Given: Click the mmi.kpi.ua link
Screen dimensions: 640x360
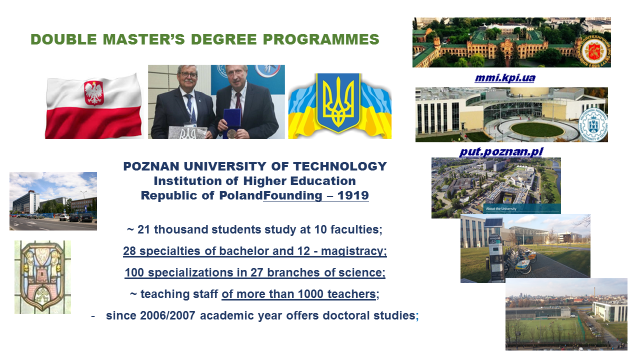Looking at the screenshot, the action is [x=505, y=78].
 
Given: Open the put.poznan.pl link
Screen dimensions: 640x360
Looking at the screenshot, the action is [x=501, y=151].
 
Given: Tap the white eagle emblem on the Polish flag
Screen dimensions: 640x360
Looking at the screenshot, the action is [x=93, y=92].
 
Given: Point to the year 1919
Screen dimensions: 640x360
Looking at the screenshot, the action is [x=353, y=195].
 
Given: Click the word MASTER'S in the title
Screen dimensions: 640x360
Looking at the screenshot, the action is [x=143, y=39].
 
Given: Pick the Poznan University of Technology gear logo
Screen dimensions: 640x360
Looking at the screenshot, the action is [x=593, y=124].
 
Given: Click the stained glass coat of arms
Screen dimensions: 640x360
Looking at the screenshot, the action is [x=43, y=277].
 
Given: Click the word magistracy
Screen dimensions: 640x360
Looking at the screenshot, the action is [x=353, y=251].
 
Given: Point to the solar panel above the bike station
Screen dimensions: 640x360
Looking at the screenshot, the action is [x=493, y=223].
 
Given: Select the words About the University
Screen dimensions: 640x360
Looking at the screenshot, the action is [x=501, y=208].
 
